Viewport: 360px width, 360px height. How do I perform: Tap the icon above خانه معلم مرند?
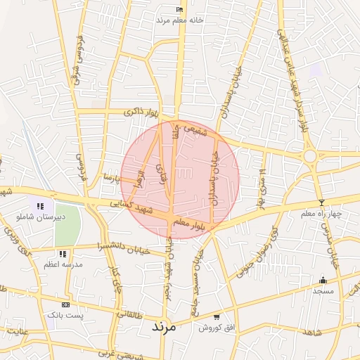180,9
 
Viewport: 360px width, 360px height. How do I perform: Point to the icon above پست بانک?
65,305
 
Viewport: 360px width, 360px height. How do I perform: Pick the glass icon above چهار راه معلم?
321,203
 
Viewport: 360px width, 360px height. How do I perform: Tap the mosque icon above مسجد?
323,280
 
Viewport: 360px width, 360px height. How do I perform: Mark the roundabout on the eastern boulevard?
309,155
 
